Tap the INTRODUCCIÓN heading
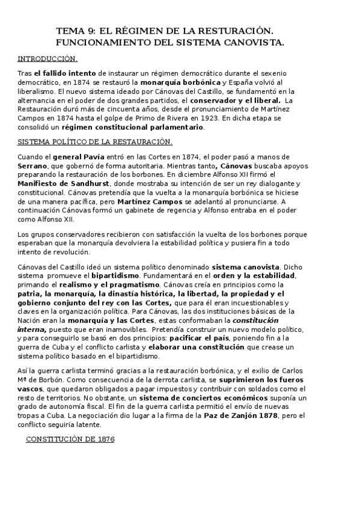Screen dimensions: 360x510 (x=47, y=58)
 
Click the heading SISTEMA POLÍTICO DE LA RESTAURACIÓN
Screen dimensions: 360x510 (x=95, y=141)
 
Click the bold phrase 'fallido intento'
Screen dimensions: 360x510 (x=58, y=72)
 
